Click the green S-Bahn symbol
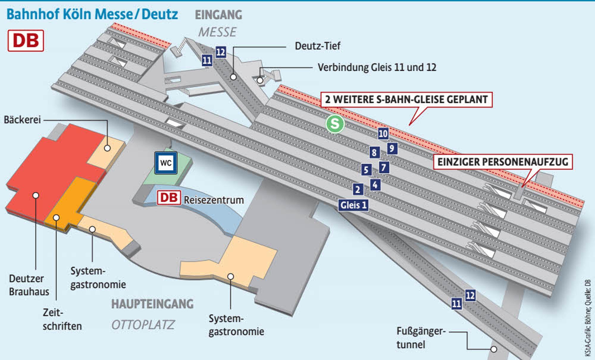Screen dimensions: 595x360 (x=335, y=123)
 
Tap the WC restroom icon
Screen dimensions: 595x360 (x=166, y=163)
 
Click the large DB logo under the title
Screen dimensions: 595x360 (x=26, y=40)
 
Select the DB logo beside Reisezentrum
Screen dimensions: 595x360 (x=169, y=198)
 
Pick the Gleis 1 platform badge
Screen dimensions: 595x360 (x=353, y=205)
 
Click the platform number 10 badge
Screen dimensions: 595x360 (x=383, y=134)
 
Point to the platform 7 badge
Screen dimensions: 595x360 (x=384, y=167)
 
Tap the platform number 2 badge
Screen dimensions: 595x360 (x=358, y=189)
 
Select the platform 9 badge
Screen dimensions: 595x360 (x=392, y=148)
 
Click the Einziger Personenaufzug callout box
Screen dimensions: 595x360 (x=503, y=162)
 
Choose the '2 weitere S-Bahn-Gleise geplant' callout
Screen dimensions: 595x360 (x=406, y=99)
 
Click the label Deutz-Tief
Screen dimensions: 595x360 (x=317, y=46)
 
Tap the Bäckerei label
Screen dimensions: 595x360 (x=22, y=120)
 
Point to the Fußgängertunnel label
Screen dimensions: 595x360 (x=421, y=338)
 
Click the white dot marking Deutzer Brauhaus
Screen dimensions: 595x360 (x=36, y=195)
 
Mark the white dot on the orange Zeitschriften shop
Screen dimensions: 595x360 (x=56, y=218)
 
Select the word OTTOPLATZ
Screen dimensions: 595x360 (x=143, y=325)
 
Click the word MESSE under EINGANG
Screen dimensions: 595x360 (x=217, y=32)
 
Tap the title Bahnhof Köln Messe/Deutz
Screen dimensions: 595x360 (x=92, y=14)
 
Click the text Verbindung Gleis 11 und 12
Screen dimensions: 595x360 (x=377, y=68)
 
